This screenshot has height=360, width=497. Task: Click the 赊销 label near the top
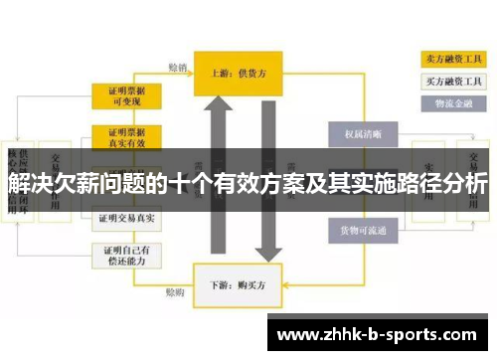(177, 68)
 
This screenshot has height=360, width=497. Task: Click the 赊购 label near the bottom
(175, 293)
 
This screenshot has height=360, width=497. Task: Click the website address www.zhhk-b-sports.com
(382, 331)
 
